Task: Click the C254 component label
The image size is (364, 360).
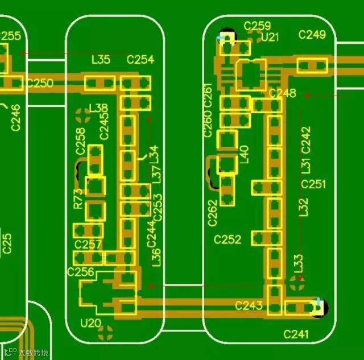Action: point(140,60)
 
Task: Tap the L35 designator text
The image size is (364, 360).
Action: point(101,59)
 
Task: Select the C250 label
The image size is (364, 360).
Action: point(40,84)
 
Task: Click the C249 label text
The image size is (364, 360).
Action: point(312,35)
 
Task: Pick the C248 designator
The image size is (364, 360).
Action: point(283,93)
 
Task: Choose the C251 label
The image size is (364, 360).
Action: point(313,184)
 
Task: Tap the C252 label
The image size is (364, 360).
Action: point(227,240)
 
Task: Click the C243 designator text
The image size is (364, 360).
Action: point(249,306)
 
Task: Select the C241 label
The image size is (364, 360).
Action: point(296,334)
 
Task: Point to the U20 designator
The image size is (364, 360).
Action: point(90,324)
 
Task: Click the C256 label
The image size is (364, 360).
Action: point(80,272)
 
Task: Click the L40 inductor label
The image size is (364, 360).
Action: point(245,154)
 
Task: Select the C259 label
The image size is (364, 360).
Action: point(257,26)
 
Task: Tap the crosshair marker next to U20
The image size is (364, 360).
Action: point(109,329)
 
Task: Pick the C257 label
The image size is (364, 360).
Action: point(88,245)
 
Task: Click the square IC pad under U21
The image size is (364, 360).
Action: point(250,75)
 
